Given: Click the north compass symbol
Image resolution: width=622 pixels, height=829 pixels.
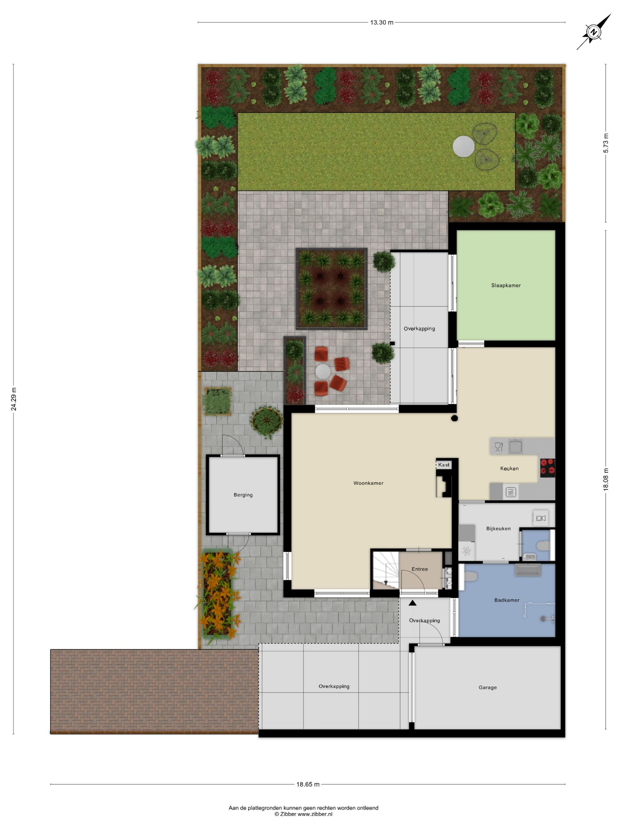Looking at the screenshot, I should pyautogui.click(x=593, y=32).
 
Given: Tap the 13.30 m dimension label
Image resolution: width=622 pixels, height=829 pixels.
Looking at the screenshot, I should pyautogui.click(x=381, y=22).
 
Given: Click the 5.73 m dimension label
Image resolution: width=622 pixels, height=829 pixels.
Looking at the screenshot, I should pyautogui.click(x=606, y=143).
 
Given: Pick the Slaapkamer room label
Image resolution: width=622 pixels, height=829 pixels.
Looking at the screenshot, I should pyautogui.click(x=506, y=285).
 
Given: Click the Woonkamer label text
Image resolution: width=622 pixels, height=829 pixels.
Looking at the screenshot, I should pyautogui.click(x=368, y=483).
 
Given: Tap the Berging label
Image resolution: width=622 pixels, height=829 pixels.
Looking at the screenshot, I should pyautogui.click(x=243, y=495).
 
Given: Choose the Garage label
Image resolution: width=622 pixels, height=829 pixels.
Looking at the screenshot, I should pyautogui.click(x=488, y=687).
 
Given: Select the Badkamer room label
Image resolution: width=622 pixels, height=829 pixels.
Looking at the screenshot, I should pyautogui.click(x=507, y=600).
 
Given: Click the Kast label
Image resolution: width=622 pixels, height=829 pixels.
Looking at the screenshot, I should pyautogui.click(x=443, y=465).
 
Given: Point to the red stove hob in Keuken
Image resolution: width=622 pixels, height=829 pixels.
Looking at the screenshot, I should pyautogui.click(x=547, y=468).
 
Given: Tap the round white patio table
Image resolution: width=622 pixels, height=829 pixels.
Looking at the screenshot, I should pyautogui.click(x=323, y=371).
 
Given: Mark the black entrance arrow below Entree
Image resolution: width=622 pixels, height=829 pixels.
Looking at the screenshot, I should pyautogui.click(x=412, y=603).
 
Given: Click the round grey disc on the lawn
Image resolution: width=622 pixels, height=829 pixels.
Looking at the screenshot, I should pyautogui.click(x=463, y=146).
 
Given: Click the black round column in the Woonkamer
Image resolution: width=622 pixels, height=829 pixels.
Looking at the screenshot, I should pyautogui.click(x=454, y=418).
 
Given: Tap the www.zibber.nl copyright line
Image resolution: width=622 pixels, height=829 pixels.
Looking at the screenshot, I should pyautogui.click(x=303, y=814).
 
